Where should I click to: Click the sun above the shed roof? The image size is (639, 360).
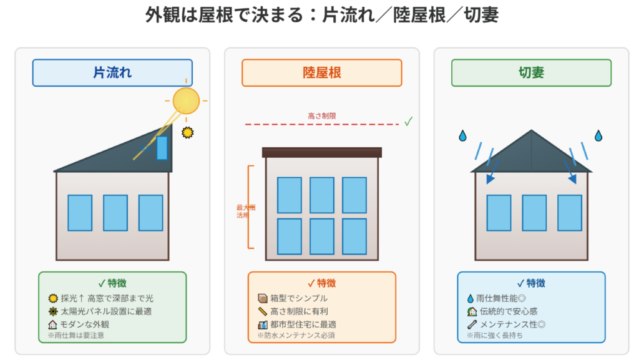pyautogui.click(x=185, y=100)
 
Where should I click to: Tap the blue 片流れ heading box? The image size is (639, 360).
pyautogui.click(x=112, y=73)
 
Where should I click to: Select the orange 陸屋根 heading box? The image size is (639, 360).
pyautogui.click(x=322, y=73)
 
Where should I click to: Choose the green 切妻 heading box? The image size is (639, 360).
pyautogui.click(x=531, y=73)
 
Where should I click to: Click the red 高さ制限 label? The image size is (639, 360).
pyautogui.click(x=322, y=115)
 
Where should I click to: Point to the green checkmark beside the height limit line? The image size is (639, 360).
pyautogui.click(x=408, y=122)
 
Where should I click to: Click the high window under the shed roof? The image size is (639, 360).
pyautogui.click(x=162, y=148)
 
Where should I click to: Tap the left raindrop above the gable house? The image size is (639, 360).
pyautogui.click(x=462, y=135)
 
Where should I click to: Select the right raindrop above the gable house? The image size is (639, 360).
pyautogui.click(x=598, y=135)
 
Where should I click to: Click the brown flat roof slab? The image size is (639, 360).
pyautogui.click(x=322, y=152)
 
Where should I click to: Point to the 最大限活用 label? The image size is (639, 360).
pyautogui.click(x=245, y=212)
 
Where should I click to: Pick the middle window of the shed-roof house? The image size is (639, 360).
pyautogui.click(x=115, y=213)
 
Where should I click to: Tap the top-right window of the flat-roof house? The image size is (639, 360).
pyautogui.click(x=354, y=195)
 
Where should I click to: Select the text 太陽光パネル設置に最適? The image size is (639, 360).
pyautogui.click(x=106, y=311)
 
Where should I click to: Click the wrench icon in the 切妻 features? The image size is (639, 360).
pyautogui.click(x=471, y=324)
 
